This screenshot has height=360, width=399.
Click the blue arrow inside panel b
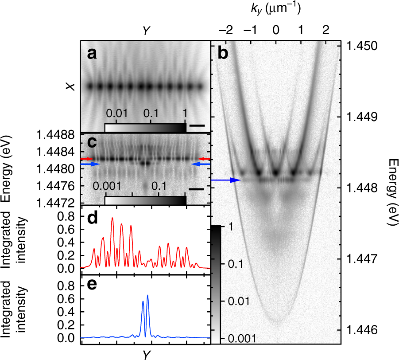coord(226,180)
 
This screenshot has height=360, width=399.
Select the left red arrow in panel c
coord(87,158)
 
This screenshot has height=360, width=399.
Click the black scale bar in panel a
coord(197,126)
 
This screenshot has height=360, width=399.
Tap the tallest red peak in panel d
coord(112,218)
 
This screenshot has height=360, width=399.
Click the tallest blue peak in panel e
coord(147,295)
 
